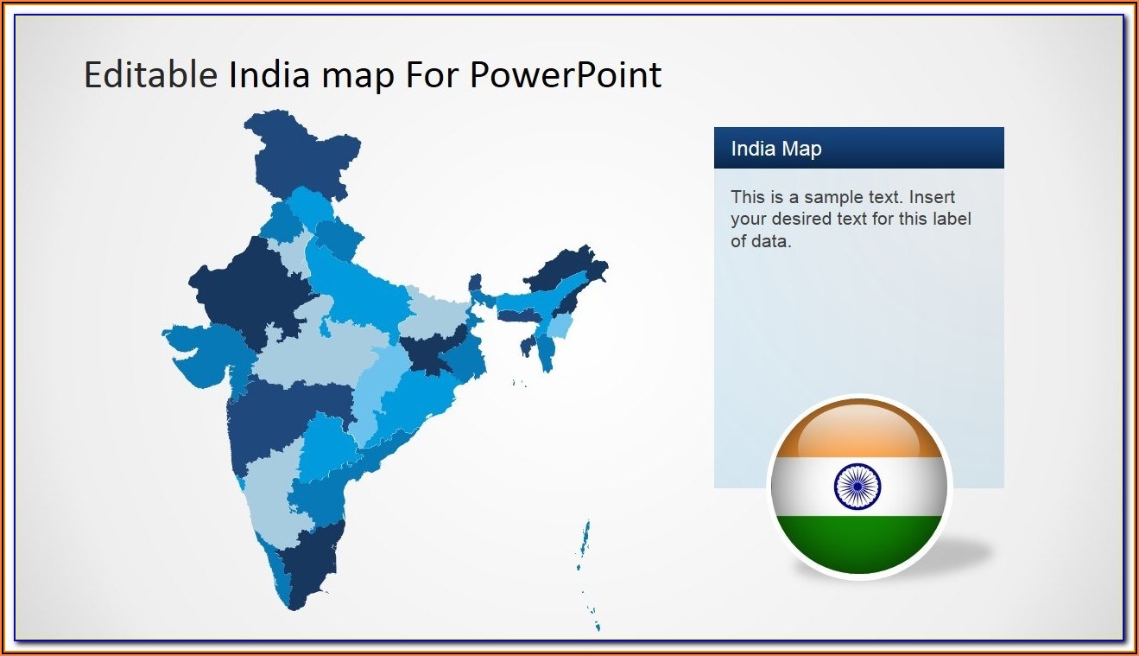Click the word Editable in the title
[x=150, y=75]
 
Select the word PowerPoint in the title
[x=566, y=75]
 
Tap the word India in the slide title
[x=269, y=75]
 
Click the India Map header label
[x=776, y=149]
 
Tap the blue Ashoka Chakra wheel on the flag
[x=857, y=487]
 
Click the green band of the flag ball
[x=859, y=544]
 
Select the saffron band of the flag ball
[x=859, y=430]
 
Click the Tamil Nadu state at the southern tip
[x=311, y=565]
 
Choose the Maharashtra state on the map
[x=280, y=417]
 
